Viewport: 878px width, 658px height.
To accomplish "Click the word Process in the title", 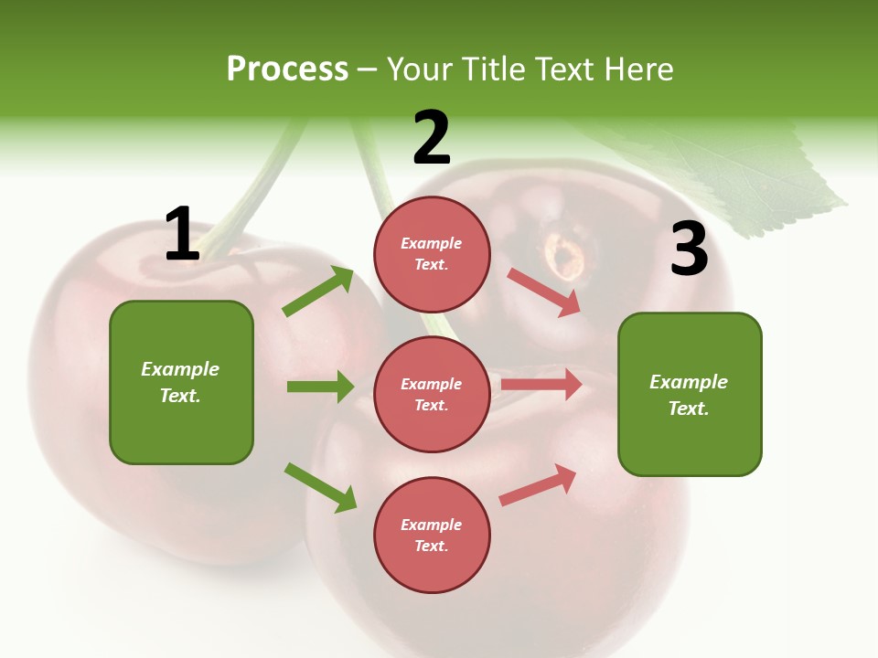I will pyautogui.click(x=287, y=69).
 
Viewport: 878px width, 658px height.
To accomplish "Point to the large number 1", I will pyautogui.click(x=182, y=234).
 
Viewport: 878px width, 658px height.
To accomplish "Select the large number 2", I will pyautogui.click(x=432, y=138).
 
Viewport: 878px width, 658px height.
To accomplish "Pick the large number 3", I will pyautogui.click(x=690, y=249).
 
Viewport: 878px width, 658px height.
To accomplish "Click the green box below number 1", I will pyautogui.click(x=181, y=382).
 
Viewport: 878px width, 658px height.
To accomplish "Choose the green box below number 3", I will pyautogui.click(x=690, y=394).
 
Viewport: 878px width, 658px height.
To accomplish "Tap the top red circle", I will pyautogui.click(x=432, y=253).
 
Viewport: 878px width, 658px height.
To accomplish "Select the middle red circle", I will pyautogui.click(x=432, y=394).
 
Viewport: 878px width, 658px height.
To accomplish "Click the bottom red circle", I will pyautogui.click(x=432, y=535).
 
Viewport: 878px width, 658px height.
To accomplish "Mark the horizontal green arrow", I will pyautogui.click(x=320, y=387).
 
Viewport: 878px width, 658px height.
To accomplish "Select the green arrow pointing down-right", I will pyautogui.click(x=320, y=487).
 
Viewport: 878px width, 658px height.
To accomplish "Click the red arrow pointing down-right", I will pyautogui.click(x=544, y=292).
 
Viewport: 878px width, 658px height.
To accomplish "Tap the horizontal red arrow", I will pyautogui.click(x=541, y=385).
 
